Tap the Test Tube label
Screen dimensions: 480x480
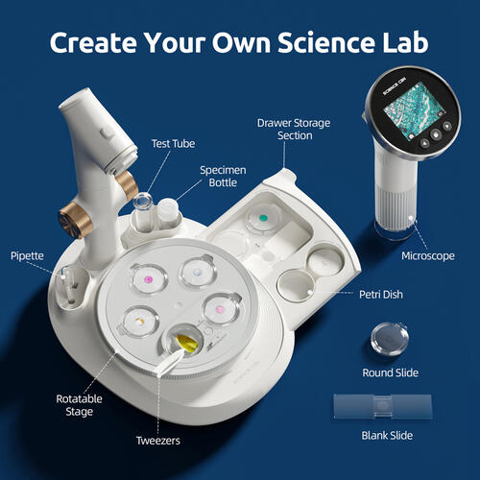(x=175, y=145)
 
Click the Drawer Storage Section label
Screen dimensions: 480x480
(x=284, y=130)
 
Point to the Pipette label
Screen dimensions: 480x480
(x=27, y=256)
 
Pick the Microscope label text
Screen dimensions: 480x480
(x=427, y=257)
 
